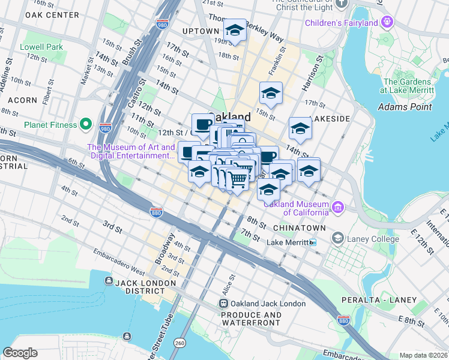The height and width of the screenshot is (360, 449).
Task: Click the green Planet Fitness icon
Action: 86,125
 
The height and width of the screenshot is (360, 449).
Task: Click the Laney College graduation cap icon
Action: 338,239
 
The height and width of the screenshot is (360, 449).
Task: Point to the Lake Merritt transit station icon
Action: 312,242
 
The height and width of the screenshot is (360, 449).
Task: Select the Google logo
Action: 20,353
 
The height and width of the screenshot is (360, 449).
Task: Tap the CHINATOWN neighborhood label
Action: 299,229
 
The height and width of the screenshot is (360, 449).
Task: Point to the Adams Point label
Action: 405,107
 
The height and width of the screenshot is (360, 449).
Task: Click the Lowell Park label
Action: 41,47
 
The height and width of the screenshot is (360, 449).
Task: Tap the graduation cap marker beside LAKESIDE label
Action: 300,128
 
